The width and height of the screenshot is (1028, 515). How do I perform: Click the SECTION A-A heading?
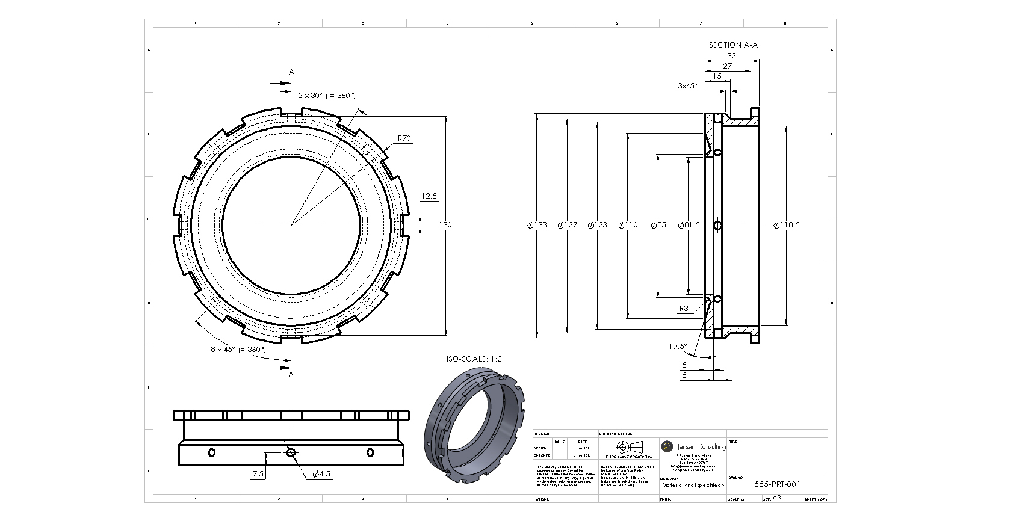pyautogui.click(x=732, y=45)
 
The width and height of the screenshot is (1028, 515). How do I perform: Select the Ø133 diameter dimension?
pyautogui.click(x=537, y=225)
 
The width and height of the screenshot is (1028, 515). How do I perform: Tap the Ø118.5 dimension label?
pyautogui.click(x=786, y=225)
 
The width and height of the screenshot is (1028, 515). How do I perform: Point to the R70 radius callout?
pyautogui.click(x=404, y=138)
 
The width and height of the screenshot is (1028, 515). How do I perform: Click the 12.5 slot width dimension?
pyautogui.click(x=429, y=196)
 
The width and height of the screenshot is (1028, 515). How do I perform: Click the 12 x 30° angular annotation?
pyautogui.click(x=324, y=96)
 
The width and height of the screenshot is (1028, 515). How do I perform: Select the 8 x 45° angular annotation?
pyautogui.click(x=238, y=349)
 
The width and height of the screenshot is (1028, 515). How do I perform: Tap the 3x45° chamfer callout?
pyautogui.click(x=688, y=86)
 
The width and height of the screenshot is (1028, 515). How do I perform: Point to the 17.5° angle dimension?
pyautogui.click(x=677, y=347)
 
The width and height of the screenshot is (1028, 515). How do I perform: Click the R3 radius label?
pyautogui.click(x=684, y=309)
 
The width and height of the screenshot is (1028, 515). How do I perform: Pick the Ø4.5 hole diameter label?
pyautogui.click(x=321, y=474)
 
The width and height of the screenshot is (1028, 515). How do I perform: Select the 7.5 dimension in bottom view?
pyautogui.click(x=258, y=474)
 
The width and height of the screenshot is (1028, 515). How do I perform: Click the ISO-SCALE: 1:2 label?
pyautogui.click(x=474, y=359)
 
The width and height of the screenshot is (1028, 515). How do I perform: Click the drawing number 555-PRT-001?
pyautogui.click(x=777, y=484)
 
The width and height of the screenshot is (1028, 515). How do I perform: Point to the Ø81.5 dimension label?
pyautogui.click(x=689, y=225)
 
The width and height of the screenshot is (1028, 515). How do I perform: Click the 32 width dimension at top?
pyautogui.click(x=731, y=56)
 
